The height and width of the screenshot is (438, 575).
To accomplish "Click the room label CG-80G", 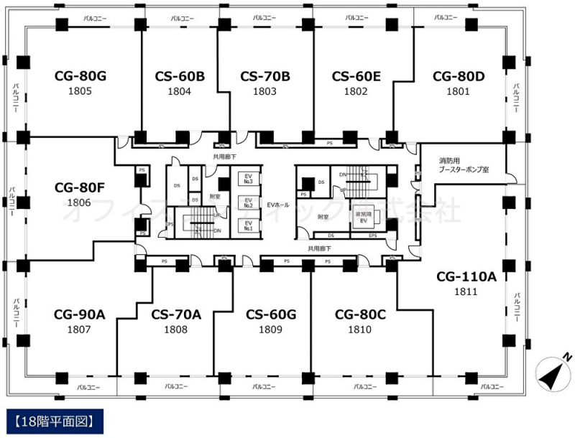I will (x=80, y=75).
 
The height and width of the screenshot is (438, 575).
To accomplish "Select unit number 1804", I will (x=179, y=91).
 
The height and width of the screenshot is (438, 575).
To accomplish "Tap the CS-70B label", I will (x=264, y=75).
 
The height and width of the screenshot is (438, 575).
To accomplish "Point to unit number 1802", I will (x=356, y=91).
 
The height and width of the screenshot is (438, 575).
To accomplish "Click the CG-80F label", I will (x=80, y=188).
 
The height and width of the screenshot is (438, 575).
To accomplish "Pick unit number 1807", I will (x=79, y=330).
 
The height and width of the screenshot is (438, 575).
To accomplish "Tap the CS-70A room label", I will (x=176, y=314).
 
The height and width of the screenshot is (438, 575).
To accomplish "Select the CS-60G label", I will (x=271, y=314).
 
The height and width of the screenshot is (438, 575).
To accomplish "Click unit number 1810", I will (x=359, y=330).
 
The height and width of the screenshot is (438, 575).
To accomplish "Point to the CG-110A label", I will (x=466, y=276).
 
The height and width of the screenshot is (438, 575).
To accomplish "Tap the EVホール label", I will (x=277, y=205).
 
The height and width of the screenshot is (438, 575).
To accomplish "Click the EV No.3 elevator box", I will (x=247, y=177).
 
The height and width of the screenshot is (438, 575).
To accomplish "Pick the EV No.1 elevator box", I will (x=247, y=225).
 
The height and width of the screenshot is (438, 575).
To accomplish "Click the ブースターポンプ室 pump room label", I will (x=464, y=169).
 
